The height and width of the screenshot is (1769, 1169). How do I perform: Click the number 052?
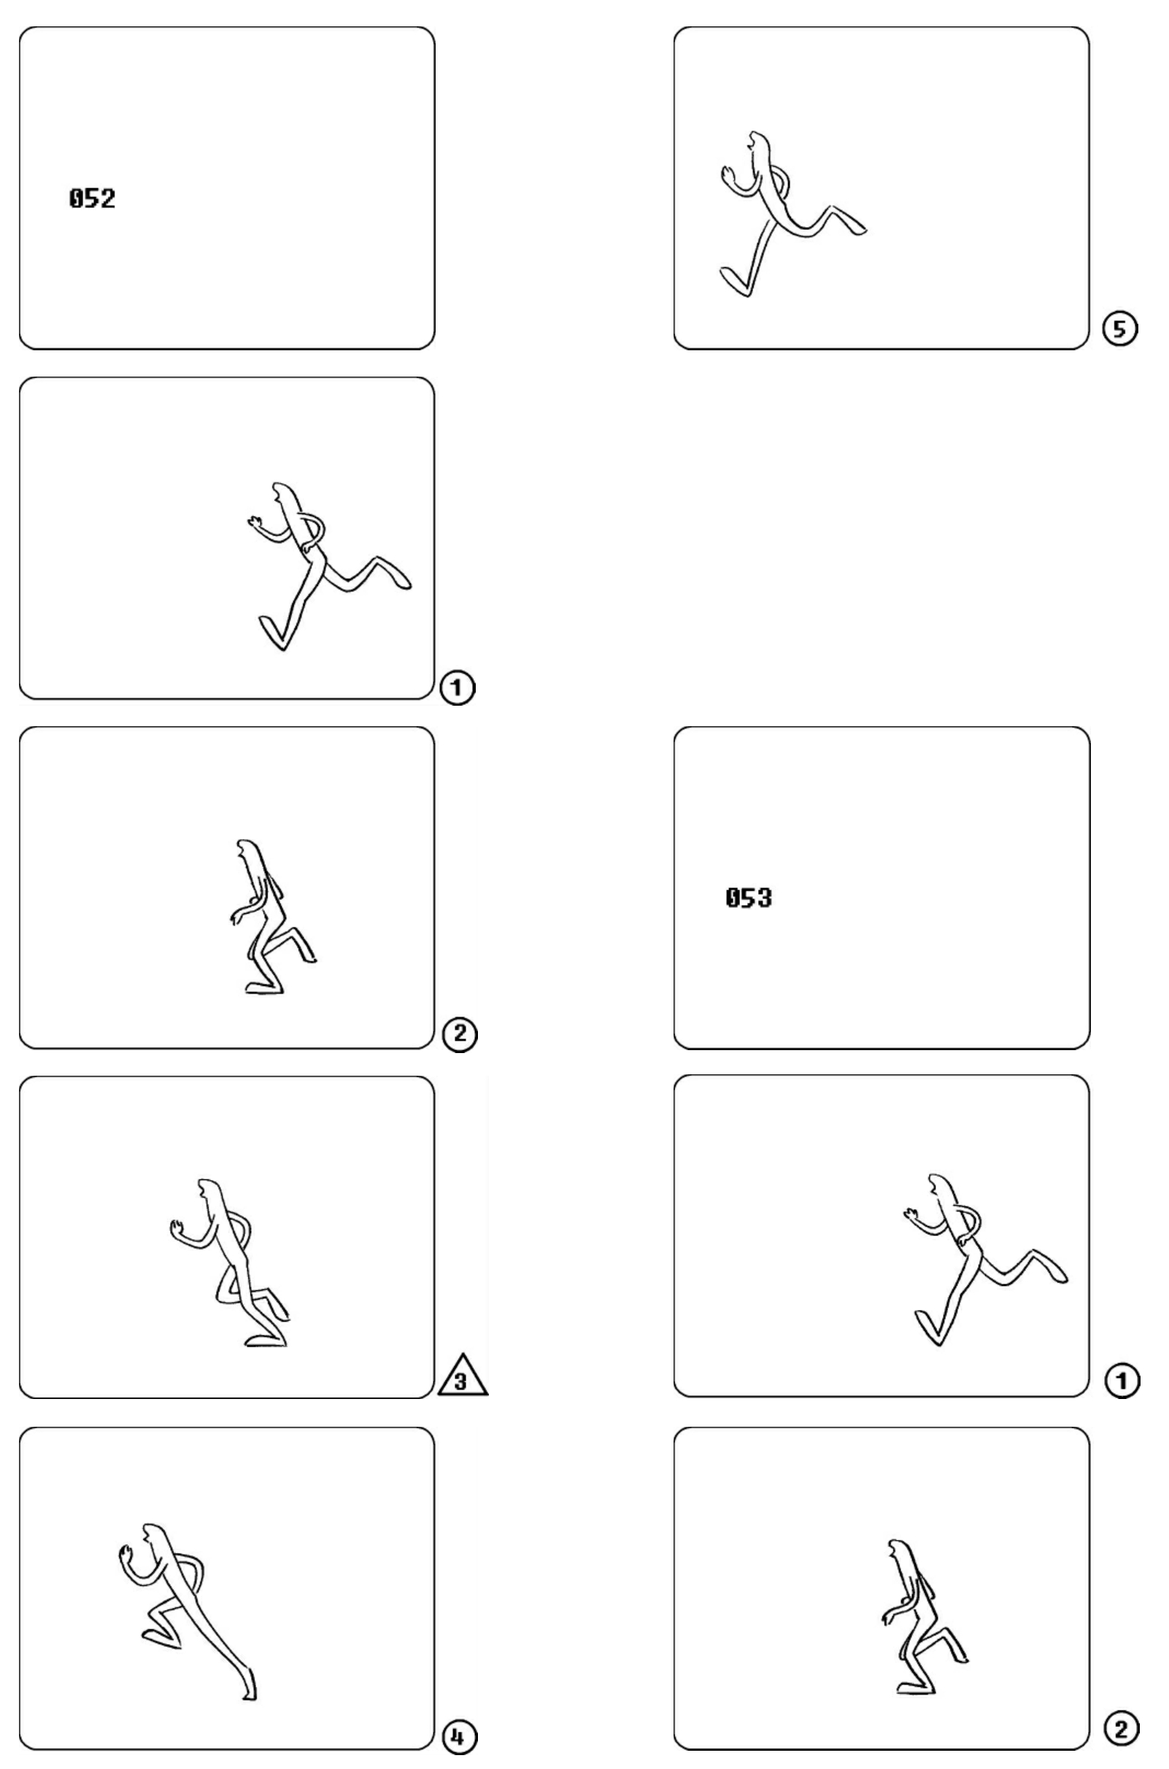click(93, 199)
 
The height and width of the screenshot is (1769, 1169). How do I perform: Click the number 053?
click(749, 898)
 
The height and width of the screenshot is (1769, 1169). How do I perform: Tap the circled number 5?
click(1120, 328)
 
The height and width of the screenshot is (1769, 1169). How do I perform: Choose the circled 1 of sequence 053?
click(1122, 1381)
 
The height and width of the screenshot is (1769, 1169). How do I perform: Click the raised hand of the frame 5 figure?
click(728, 175)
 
